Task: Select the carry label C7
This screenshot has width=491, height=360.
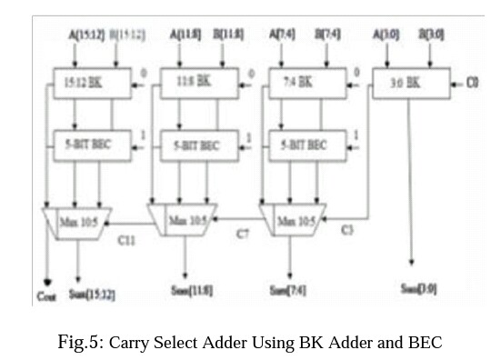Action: (244, 235)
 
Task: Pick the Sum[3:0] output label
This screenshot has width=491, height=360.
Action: (418, 288)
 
